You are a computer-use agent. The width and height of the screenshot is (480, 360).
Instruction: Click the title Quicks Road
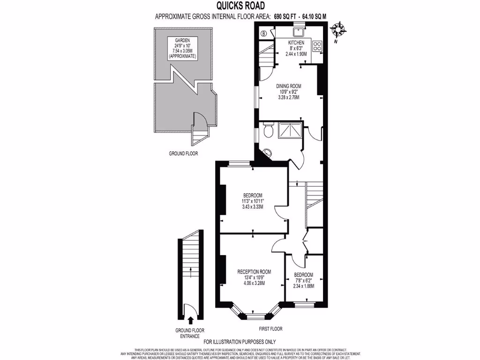tap(240, 6)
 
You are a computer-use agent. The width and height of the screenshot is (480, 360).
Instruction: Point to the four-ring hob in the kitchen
tap(317, 46)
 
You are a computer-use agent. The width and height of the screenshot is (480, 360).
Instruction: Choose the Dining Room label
tap(288, 86)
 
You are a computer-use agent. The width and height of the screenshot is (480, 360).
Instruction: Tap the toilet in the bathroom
tap(269, 130)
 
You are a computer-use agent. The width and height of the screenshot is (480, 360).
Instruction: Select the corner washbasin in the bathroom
tap(267, 152)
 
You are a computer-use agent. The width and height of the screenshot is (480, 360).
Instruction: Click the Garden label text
tap(182, 41)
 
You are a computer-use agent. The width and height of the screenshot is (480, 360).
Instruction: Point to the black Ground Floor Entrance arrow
tap(190, 321)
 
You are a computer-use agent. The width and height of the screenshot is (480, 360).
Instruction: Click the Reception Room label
tap(254, 272)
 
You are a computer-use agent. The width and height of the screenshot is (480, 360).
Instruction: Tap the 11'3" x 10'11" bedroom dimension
tap(252, 202)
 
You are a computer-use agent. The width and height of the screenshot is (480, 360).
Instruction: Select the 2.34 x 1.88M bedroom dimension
tap(304, 286)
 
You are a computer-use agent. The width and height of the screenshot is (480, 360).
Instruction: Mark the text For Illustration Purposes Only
tap(240, 342)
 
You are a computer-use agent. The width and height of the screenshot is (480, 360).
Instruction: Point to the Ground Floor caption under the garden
tap(183, 153)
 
